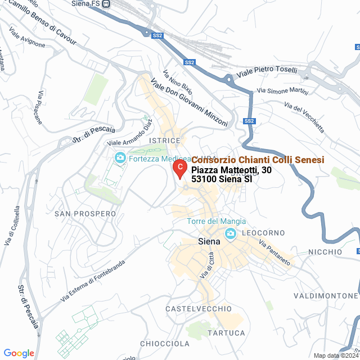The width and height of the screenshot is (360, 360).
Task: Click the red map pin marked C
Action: tap(179, 168)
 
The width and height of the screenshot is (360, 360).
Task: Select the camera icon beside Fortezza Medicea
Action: tap(120, 158)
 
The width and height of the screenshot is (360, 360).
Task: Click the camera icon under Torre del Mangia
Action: tap(230, 233)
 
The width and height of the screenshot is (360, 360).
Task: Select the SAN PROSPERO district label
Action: tap(85, 214)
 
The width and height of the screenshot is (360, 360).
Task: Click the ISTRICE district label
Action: tap(165, 140)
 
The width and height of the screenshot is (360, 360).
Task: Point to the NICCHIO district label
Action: tap(324, 251)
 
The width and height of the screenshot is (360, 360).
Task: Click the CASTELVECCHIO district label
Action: tap(199, 309)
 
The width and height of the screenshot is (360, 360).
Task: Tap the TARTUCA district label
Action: tap(226, 333)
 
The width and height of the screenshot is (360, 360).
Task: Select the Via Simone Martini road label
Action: tap(281, 91)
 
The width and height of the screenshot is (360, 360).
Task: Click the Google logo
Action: tap(19, 353)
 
